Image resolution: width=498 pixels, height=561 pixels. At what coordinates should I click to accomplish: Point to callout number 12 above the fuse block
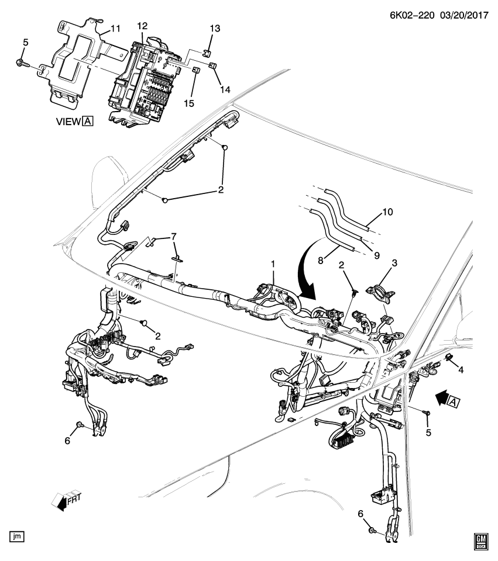(143, 27)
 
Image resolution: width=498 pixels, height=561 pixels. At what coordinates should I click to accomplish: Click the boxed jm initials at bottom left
(17, 535)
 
